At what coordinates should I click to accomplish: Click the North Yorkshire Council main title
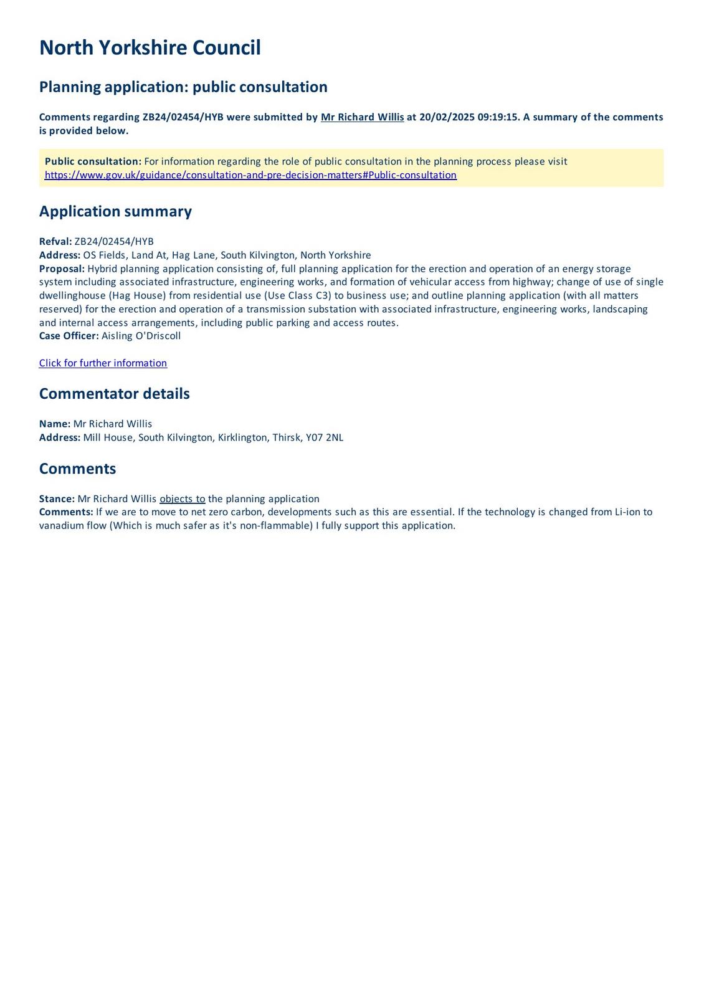point(150,48)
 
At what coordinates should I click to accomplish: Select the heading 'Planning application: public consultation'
point(183,87)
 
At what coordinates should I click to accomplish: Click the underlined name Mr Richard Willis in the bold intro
point(362,117)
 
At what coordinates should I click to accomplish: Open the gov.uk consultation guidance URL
point(250,175)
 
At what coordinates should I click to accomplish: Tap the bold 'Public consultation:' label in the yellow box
point(93,161)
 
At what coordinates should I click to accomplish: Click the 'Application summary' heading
point(115,211)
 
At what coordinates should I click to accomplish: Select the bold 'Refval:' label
point(55,242)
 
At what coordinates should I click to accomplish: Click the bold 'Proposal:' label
point(62,269)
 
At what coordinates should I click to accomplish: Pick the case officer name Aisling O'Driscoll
point(141,336)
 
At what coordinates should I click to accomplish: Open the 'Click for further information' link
point(103,363)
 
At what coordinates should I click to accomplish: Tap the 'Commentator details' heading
point(114,394)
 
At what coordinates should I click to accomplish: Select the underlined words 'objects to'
point(183,499)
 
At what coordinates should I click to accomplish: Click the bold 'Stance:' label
point(57,499)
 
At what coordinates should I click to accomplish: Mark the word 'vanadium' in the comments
point(62,525)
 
